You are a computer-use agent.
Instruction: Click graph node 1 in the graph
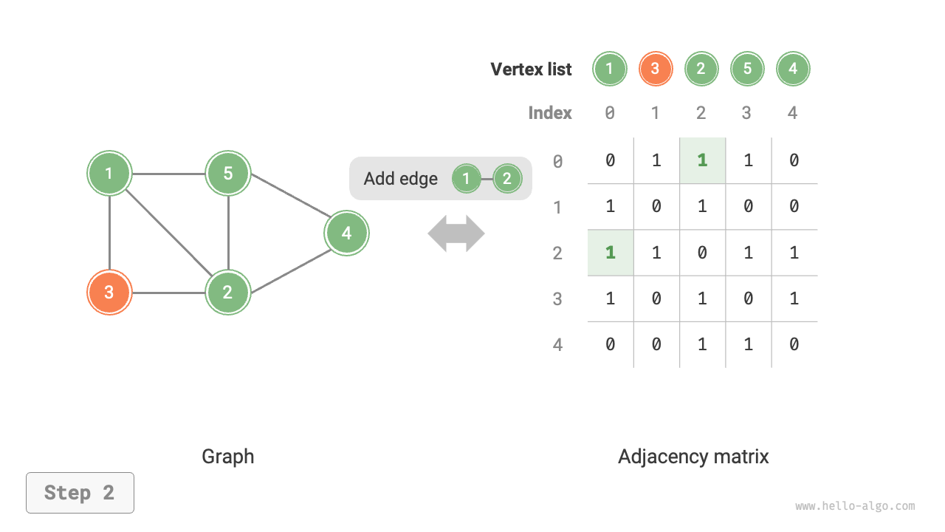pyautogui.click(x=109, y=174)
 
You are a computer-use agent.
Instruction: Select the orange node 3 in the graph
pyautogui.click(x=109, y=292)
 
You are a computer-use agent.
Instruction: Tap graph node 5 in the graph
pyautogui.click(x=228, y=174)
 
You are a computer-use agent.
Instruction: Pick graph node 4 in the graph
pyautogui.click(x=346, y=233)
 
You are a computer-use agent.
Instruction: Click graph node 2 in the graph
pyautogui.click(x=228, y=292)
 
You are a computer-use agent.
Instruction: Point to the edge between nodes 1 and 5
pyautogui.click(x=168, y=174)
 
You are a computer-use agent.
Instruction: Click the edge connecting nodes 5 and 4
pyautogui.click(x=288, y=204)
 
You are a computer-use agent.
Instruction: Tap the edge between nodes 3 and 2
pyautogui.click(x=168, y=293)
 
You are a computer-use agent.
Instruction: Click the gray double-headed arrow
pyautogui.click(x=456, y=233)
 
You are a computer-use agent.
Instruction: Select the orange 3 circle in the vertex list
pyautogui.click(x=655, y=69)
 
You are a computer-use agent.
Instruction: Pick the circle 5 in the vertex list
pyautogui.click(x=747, y=69)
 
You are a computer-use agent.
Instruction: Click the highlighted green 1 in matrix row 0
pyautogui.click(x=702, y=160)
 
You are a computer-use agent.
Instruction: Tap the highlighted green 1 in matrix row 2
pyautogui.click(x=610, y=253)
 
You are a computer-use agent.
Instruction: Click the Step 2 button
pyautogui.click(x=80, y=493)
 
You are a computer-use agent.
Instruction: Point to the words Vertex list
pyautogui.click(x=531, y=69)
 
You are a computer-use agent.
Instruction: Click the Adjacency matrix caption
pyautogui.click(x=693, y=457)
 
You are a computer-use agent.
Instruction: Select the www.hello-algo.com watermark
pyautogui.click(x=855, y=506)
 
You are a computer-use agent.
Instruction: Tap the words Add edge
pyautogui.click(x=400, y=179)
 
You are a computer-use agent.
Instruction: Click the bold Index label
pyautogui.click(x=550, y=113)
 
